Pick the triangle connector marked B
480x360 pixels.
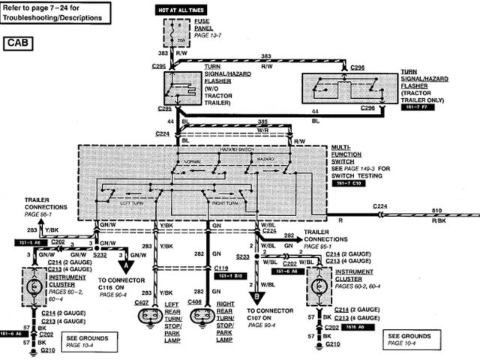(x=258, y=295)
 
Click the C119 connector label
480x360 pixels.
(x=220, y=267)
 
